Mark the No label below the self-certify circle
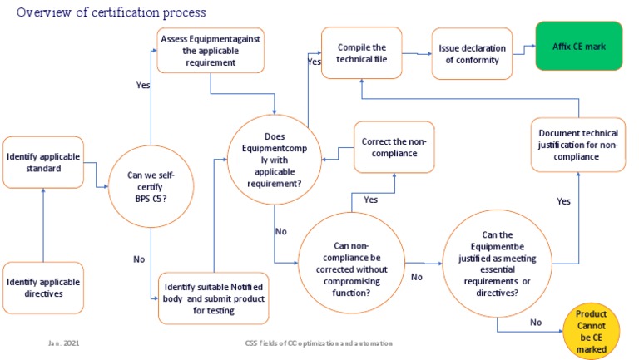pos(139,259)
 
